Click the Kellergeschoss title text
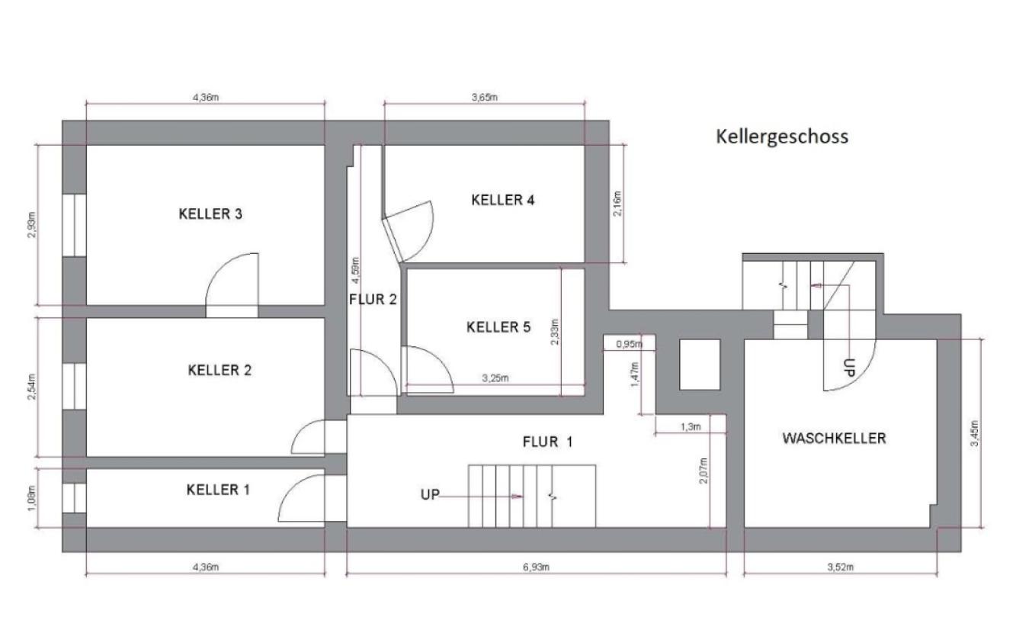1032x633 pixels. point(781,137)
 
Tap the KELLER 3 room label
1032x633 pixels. point(210,214)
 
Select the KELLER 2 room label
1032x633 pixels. point(220,371)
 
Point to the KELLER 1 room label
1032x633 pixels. point(218,490)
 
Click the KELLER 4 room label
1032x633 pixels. point(502,201)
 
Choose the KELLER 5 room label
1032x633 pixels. point(498,327)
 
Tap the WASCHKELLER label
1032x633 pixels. point(834,439)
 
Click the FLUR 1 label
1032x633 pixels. point(547,442)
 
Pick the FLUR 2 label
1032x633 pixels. point(373,300)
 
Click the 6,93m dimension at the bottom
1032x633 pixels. point(536,567)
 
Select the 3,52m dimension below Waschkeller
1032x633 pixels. point(840,567)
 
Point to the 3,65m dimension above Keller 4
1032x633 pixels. point(484,97)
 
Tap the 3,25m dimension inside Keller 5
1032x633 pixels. point(495,378)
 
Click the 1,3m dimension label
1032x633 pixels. point(690,427)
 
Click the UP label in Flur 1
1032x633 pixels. point(430,495)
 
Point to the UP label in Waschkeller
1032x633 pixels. point(850,367)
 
